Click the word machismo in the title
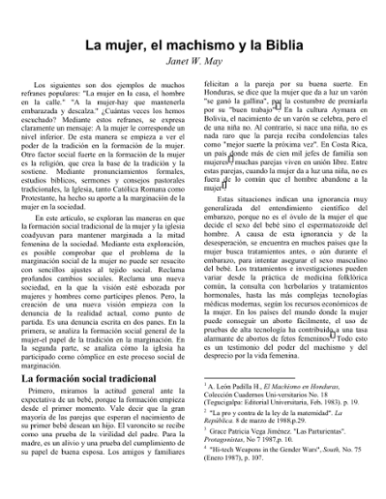183,47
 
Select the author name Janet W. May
193,66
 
